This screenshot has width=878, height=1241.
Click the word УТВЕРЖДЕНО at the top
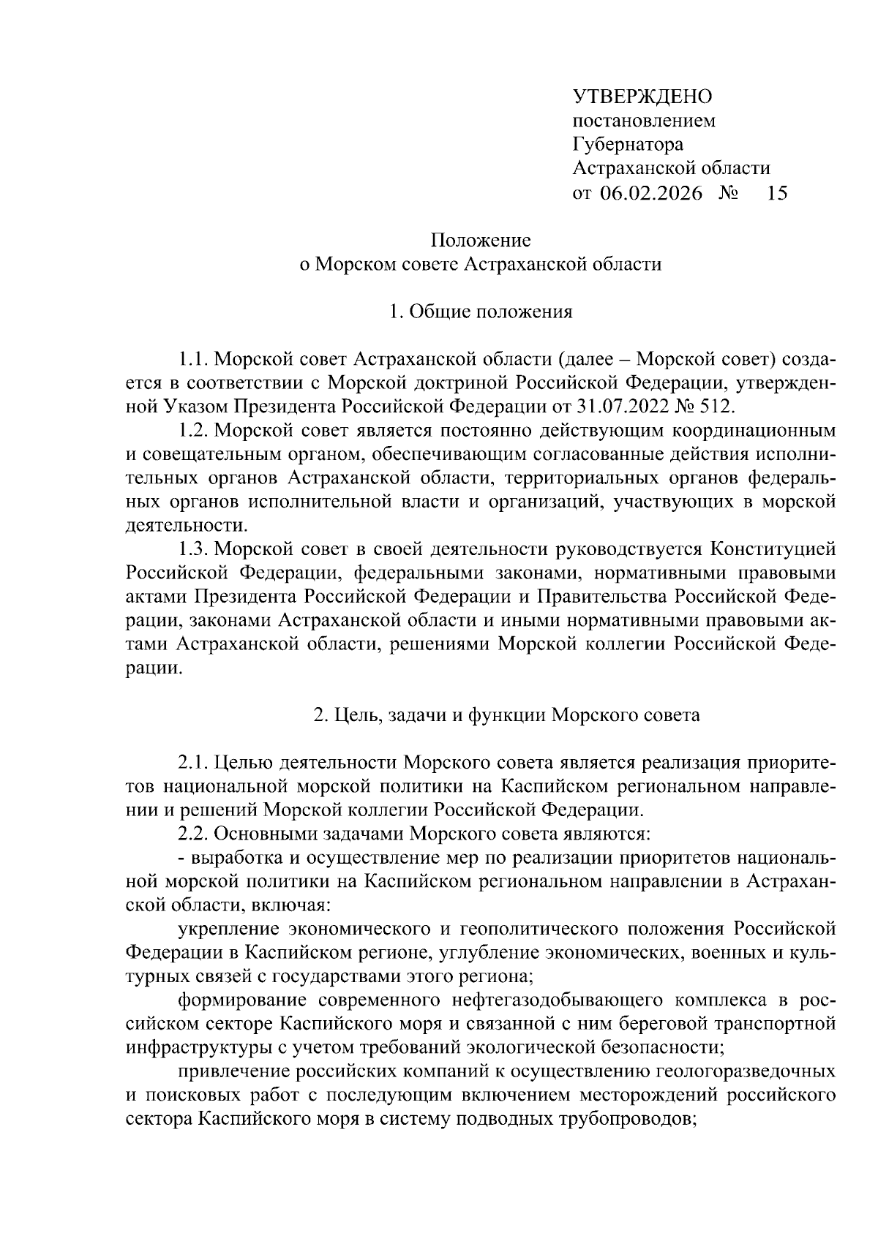(642, 97)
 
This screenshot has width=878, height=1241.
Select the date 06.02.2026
(650, 193)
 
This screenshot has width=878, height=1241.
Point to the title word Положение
(480, 240)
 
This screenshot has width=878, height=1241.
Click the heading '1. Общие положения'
(480, 312)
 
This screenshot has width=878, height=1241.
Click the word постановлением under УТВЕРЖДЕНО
(644, 121)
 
